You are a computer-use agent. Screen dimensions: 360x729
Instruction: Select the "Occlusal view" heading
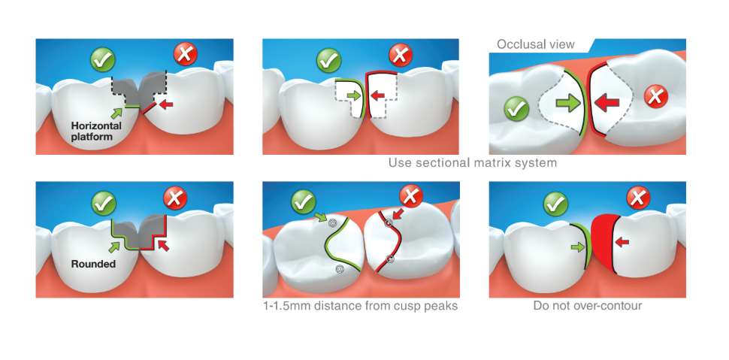pyautogui.click(x=535, y=44)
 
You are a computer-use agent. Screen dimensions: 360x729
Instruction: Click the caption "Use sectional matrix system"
pyautogui.click(x=473, y=162)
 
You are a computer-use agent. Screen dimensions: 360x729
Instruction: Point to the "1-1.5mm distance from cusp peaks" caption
pyautogui.click(x=360, y=306)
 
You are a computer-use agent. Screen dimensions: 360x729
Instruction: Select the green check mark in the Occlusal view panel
pyautogui.click(x=516, y=109)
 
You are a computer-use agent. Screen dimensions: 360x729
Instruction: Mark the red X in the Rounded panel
pyautogui.click(x=175, y=199)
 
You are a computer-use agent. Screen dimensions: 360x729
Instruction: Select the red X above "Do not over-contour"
pyautogui.click(x=637, y=198)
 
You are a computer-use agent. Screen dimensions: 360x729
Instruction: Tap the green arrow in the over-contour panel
pyautogui.click(x=577, y=245)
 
